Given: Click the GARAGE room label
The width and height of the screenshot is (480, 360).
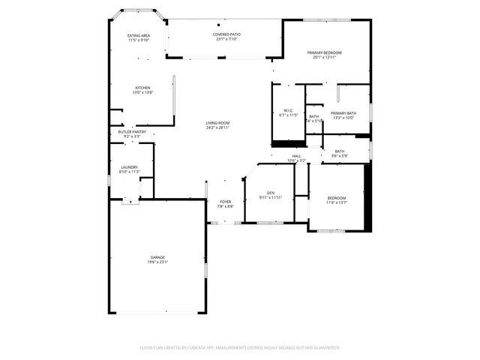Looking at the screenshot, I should pos(157,256).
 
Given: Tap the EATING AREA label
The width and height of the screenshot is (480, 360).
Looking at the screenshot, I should pos(139,35).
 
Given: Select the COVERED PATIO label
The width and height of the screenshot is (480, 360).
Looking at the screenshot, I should pos(226,34).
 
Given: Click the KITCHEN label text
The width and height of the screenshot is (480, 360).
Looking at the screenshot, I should pos(142,88).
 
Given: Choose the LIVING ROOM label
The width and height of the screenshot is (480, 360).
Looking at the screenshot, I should pos(218,123).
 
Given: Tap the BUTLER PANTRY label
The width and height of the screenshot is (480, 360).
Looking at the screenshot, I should pos(131,131).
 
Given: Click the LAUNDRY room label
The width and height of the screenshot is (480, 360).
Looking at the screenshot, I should pos(130,167).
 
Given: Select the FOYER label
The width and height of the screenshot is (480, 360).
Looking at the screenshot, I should pos(226,201).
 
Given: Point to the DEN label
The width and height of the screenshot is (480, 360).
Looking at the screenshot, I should pos(270,193).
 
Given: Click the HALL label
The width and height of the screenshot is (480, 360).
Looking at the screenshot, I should pos(296,156).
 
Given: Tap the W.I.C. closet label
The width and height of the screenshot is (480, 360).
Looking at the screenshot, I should pos(288,110).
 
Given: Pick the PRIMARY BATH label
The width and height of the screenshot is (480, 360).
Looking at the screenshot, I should pos(343,112).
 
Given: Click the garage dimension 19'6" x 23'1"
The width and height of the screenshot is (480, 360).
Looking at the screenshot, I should pos(157,262).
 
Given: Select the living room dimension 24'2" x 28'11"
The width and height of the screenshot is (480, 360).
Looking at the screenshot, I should pos(218,128).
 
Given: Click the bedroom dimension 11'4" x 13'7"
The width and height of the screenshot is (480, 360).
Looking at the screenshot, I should pos(336,202).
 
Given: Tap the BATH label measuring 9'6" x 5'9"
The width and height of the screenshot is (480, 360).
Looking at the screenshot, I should pos(340,151).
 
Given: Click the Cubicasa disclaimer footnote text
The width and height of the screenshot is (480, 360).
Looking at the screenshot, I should pos(240,347).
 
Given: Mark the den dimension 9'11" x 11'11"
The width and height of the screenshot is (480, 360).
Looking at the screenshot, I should pos(270,198).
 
